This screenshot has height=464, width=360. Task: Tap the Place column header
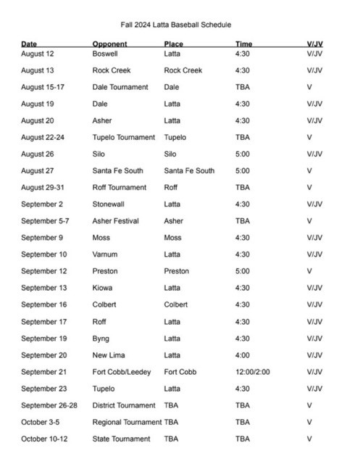click(x=173, y=44)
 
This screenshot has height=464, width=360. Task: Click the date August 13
click(x=37, y=70)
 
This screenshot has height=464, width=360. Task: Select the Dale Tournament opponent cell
click(x=120, y=87)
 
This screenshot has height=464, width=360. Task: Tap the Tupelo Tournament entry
click(x=124, y=137)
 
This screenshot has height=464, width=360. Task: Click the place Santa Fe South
click(x=189, y=171)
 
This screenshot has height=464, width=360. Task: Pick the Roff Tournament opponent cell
click(x=120, y=188)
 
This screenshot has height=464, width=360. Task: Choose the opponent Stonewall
click(x=109, y=204)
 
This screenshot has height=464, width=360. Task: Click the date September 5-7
click(x=46, y=221)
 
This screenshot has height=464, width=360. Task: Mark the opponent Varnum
click(x=105, y=254)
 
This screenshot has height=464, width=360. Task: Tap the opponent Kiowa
click(x=103, y=288)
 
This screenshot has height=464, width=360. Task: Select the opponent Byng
click(x=101, y=339)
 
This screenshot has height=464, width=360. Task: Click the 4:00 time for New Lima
click(x=243, y=355)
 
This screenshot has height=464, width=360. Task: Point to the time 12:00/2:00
click(x=254, y=372)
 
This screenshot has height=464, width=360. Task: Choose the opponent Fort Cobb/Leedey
click(x=122, y=372)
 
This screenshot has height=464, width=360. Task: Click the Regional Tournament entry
click(x=127, y=422)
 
